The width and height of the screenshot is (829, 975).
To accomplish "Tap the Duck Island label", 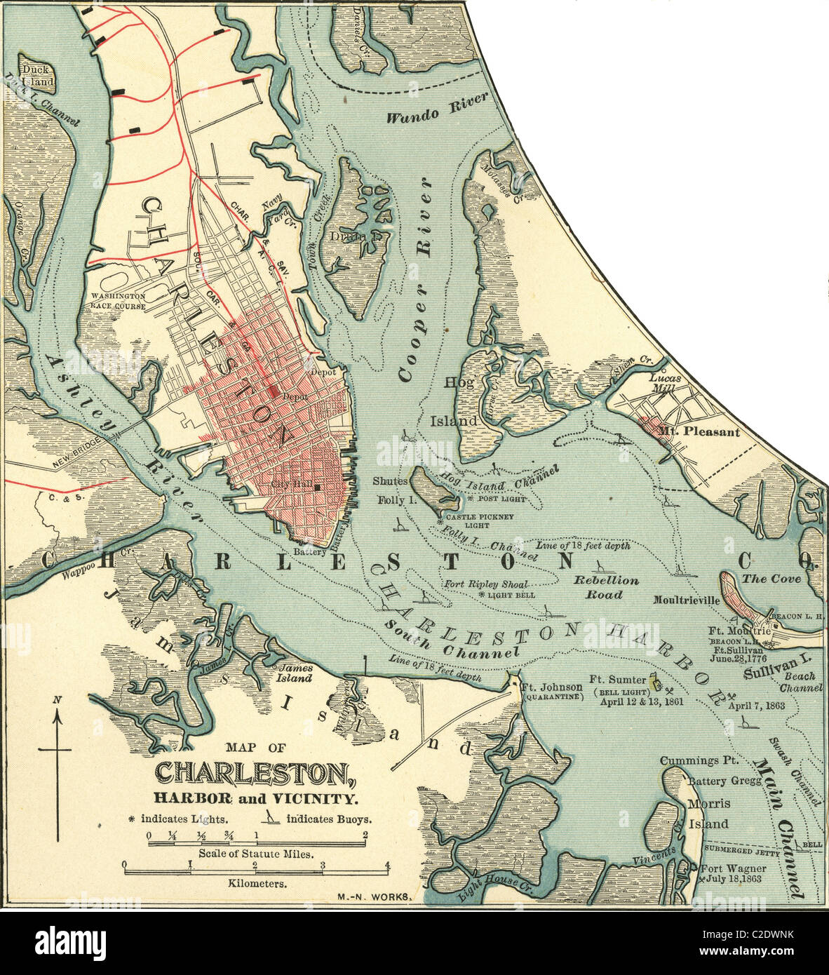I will (36, 75).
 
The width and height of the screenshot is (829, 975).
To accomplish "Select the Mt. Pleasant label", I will (702, 432).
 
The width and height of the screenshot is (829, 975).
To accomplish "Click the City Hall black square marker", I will (318, 486).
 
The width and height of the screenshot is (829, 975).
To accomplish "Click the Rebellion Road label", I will (607, 587).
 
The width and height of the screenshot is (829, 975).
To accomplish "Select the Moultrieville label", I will (686, 600).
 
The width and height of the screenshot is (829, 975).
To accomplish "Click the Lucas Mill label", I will (665, 382).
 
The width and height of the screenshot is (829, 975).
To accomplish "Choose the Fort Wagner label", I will (734, 868).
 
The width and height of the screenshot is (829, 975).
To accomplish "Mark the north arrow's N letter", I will (58, 699).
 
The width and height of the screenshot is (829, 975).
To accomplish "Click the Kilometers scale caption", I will (257, 884).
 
